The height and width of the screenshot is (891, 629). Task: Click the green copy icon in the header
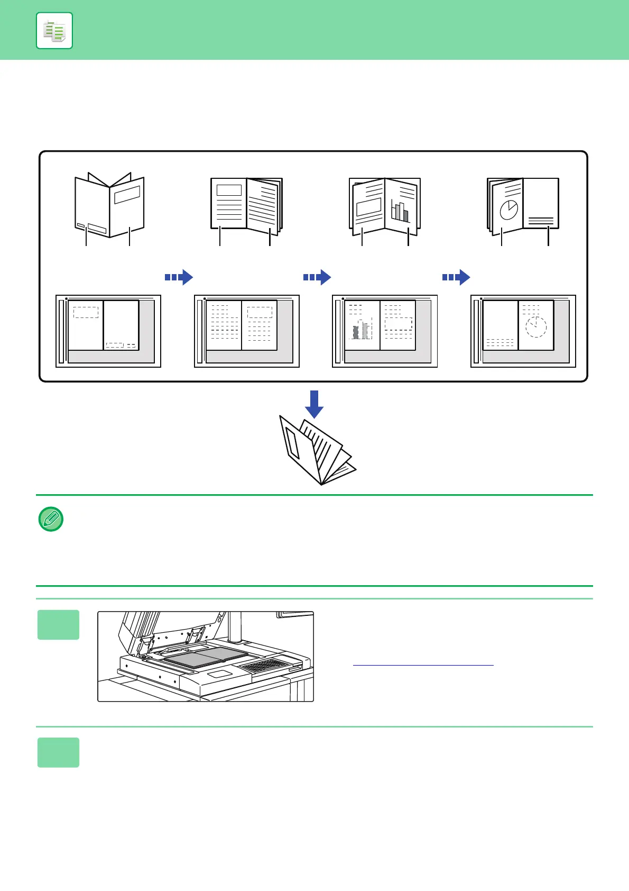54,31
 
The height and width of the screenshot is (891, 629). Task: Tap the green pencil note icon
51,519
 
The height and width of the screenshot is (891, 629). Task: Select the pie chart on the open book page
509,210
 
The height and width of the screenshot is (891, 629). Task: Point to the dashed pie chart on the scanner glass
536,327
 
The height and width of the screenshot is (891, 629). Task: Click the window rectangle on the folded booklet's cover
292,442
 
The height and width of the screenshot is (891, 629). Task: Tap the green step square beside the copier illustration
58,625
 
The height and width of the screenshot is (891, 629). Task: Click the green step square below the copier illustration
58,752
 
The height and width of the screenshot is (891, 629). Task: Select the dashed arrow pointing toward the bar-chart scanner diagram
317,277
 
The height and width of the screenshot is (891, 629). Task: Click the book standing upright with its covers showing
109,206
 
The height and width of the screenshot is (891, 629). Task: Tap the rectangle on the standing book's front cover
127,195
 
